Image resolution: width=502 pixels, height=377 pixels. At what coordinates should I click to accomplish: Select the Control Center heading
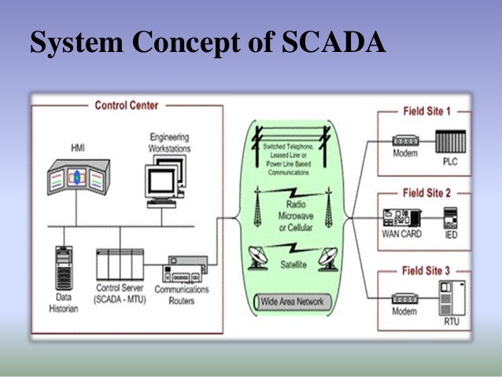point(126,105)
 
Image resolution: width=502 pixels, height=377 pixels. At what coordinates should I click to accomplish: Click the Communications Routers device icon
point(186,268)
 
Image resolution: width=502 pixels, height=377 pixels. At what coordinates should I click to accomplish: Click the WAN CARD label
point(401,234)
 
